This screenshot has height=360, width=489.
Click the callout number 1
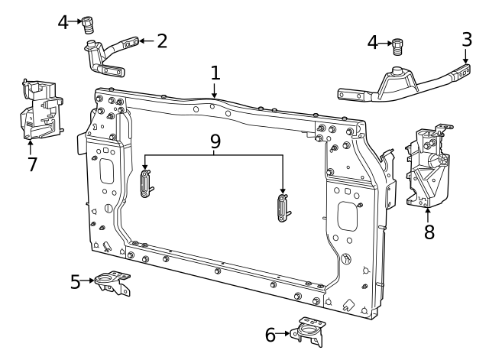[215, 73]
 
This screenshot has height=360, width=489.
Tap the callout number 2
[162, 41]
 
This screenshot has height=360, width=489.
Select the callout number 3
[467, 40]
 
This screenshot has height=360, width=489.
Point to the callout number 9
[215, 141]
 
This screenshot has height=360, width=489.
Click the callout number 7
[32, 164]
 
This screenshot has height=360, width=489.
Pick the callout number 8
[429, 232]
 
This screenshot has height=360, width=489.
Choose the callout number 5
[75, 282]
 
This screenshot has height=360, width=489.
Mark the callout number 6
[270, 335]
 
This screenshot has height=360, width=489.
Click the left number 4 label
[63, 22]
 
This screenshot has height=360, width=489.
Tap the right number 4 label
[373, 43]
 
